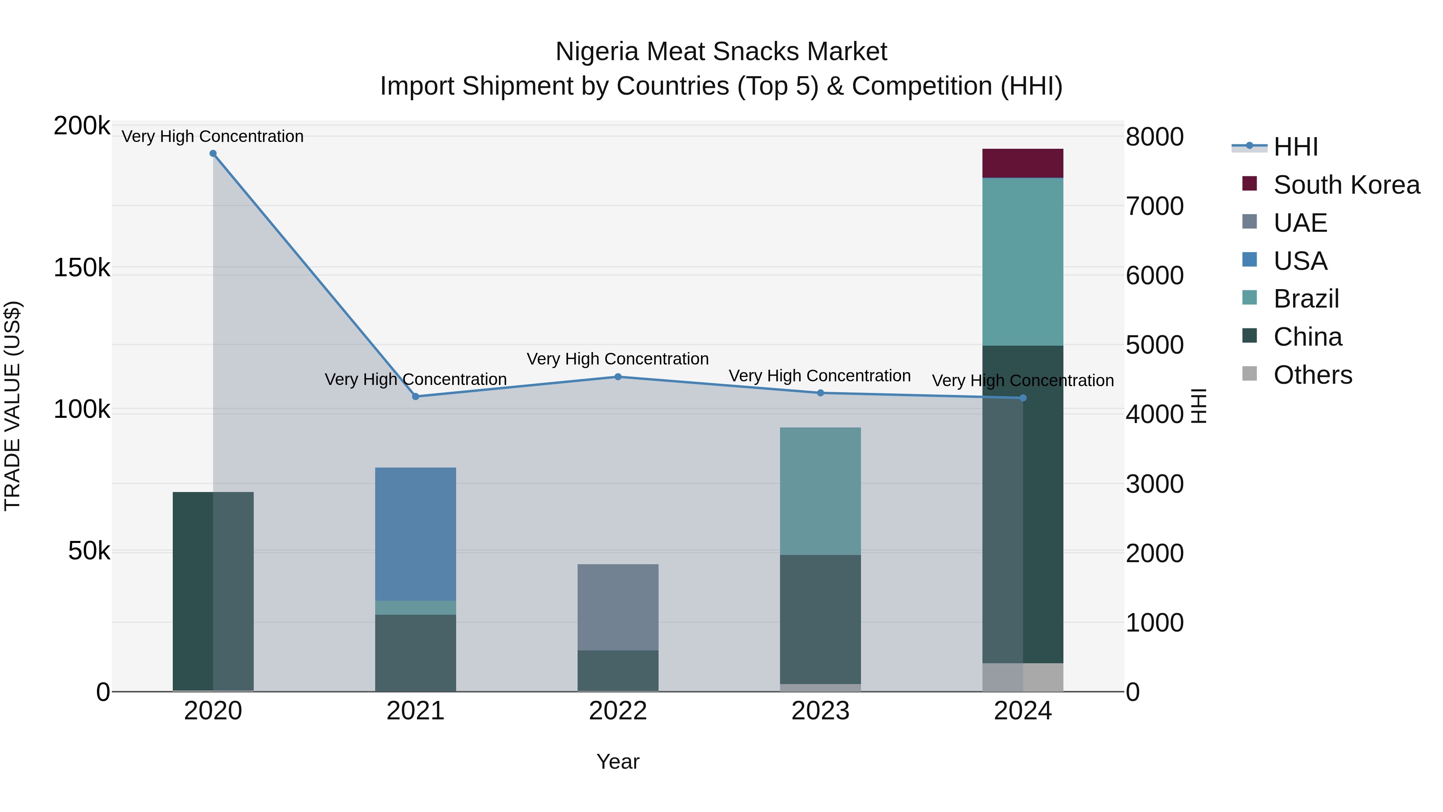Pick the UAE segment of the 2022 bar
click(617, 607)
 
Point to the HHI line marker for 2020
click(213, 154)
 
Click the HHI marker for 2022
click(618, 377)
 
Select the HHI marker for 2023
click(820, 393)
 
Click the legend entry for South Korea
click(1346, 185)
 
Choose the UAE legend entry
click(1300, 223)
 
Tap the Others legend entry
click(1312, 375)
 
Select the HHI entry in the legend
click(1295, 147)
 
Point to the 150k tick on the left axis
click(82, 268)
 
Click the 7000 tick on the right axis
click(1154, 206)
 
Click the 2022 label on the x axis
click(618, 711)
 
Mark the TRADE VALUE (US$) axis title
click(12, 406)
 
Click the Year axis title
click(618, 761)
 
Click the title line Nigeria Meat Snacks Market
click(721, 52)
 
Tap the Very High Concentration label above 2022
click(617, 358)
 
